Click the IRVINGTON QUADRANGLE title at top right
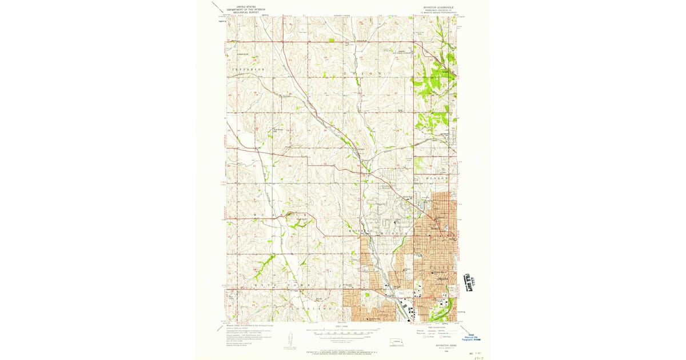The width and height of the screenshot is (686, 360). [x=439, y=7]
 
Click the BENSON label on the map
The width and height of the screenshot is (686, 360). [x=438, y=178]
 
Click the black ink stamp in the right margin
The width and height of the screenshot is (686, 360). [x=470, y=282]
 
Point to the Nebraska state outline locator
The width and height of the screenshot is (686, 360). [x=394, y=343]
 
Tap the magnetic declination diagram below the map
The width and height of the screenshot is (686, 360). [x=290, y=341]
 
